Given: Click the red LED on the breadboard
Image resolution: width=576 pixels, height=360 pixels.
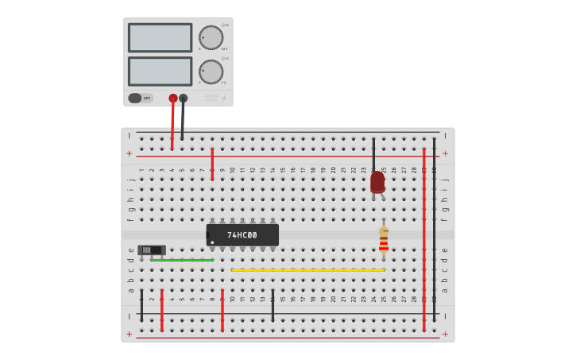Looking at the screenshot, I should point(377,182).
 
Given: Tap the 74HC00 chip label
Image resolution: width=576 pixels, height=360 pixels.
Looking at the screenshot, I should point(242,235).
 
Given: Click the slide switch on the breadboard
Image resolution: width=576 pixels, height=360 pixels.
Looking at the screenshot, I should point(150,250).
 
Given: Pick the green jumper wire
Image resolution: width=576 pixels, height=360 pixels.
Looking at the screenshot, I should point(183,260).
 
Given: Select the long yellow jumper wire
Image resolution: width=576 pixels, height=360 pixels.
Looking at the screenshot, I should point(308,270).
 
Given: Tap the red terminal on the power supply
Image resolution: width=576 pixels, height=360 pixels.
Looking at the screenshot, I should point(173,99).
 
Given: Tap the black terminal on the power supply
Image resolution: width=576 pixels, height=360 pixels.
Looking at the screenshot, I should point(184,99).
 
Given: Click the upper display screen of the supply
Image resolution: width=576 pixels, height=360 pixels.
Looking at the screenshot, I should point(160,37).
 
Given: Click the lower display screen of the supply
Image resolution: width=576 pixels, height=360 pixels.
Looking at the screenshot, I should point(160,72).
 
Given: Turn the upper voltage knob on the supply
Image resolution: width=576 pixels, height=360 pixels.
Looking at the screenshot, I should point(211,37).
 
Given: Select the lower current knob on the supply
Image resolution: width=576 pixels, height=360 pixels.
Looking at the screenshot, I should point(211,72).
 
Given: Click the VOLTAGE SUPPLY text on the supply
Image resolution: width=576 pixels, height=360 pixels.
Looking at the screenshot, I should point(211,99).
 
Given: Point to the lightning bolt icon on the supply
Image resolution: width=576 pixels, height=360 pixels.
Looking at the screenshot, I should point(226,98).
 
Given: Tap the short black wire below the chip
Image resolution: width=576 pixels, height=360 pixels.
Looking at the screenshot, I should point(273,305).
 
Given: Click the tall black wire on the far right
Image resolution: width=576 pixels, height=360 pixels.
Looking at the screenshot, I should point(434,230).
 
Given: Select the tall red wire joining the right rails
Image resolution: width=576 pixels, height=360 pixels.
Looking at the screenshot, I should point(424,238).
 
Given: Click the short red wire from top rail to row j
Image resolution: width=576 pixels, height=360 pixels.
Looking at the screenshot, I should point(212,164).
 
